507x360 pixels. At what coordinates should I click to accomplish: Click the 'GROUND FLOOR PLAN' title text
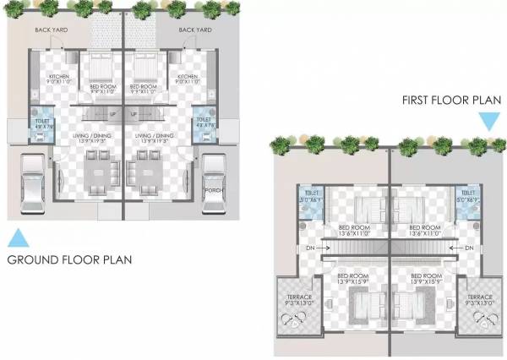(x=69, y=259)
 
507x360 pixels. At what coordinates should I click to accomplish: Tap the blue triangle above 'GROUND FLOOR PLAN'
(x=19, y=237)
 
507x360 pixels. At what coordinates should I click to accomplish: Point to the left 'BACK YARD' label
(x=51, y=31)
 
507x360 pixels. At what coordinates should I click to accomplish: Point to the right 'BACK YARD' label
(x=194, y=31)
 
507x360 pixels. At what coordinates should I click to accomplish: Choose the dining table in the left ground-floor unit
(x=101, y=169)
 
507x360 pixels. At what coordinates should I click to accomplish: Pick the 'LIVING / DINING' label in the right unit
(x=153, y=135)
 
